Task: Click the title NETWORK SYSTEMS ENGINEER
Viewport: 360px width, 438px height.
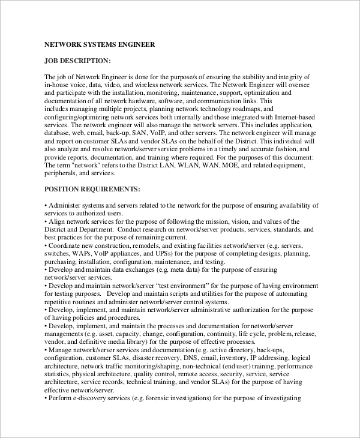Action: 100,44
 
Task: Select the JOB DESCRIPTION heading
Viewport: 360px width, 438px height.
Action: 77,61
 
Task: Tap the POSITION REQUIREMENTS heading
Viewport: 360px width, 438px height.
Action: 92,189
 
